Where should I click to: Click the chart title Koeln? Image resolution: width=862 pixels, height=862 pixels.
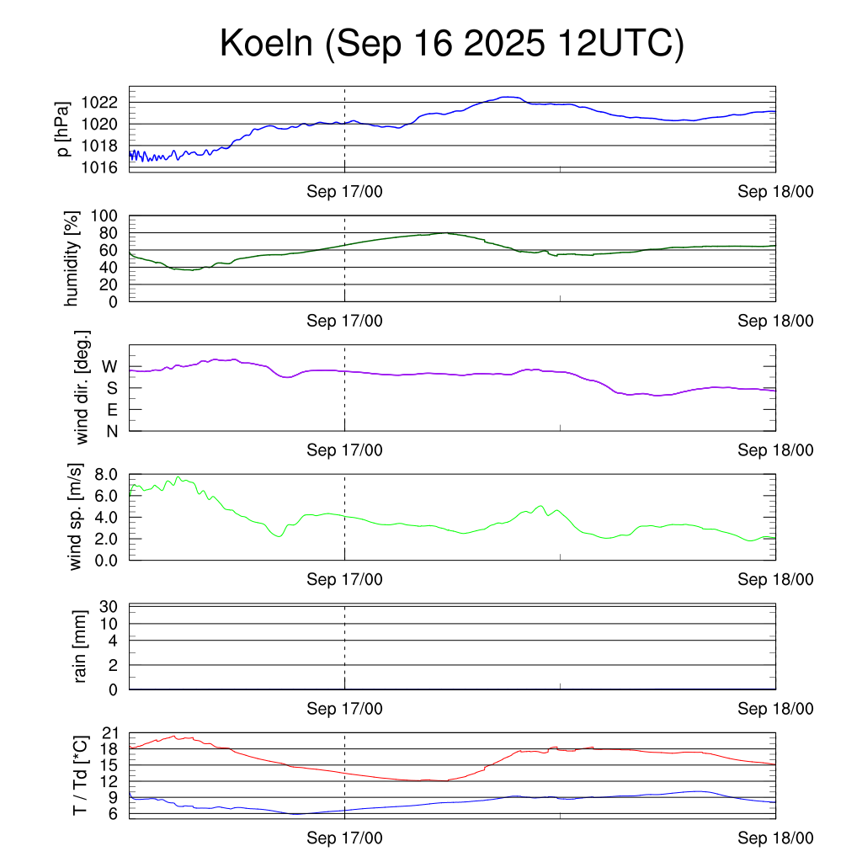(451, 44)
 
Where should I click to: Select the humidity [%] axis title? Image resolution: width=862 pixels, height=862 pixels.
(73, 258)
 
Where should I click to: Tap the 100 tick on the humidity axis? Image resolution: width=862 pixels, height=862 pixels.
(110, 215)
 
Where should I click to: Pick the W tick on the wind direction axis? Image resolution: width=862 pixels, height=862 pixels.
(109, 367)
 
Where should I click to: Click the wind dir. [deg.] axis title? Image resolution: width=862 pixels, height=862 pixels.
(82, 387)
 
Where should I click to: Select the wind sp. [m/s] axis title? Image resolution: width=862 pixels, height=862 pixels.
(77, 517)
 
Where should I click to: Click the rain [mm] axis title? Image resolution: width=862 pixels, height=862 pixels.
(82, 646)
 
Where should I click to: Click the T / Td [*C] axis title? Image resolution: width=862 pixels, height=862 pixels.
(81, 774)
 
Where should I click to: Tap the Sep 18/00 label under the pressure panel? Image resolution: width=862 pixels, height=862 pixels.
(775, 192)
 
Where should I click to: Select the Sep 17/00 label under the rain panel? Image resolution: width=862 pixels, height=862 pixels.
(344, 709)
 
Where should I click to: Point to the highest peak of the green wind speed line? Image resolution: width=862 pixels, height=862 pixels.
(178, 476)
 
